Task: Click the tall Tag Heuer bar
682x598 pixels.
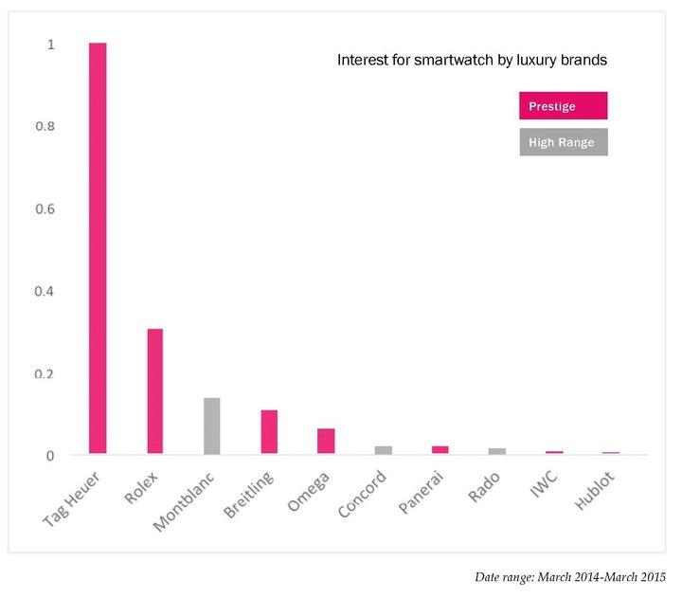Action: point(98,248)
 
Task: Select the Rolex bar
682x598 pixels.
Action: point(154,391)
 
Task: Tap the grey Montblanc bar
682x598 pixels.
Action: point(211,426)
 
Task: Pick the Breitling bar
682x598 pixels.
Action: point(269,432)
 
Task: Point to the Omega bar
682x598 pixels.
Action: point(326,442)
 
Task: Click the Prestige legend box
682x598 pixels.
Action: point(563,105)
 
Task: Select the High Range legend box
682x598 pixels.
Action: point(563,142)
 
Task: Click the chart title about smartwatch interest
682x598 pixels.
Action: point(472,60)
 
